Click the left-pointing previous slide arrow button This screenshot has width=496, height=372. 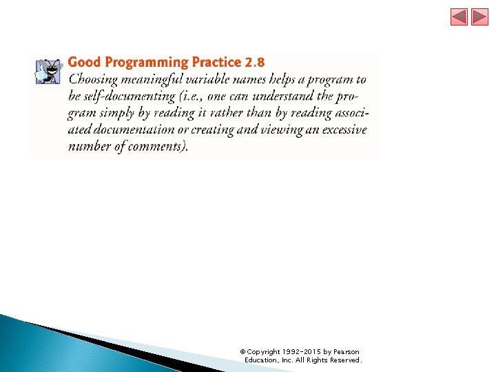point(459,17)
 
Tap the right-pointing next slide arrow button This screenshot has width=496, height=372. point(479,17)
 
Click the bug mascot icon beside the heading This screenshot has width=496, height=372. point(48,71)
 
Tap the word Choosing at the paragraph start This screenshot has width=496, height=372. point(96,80)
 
